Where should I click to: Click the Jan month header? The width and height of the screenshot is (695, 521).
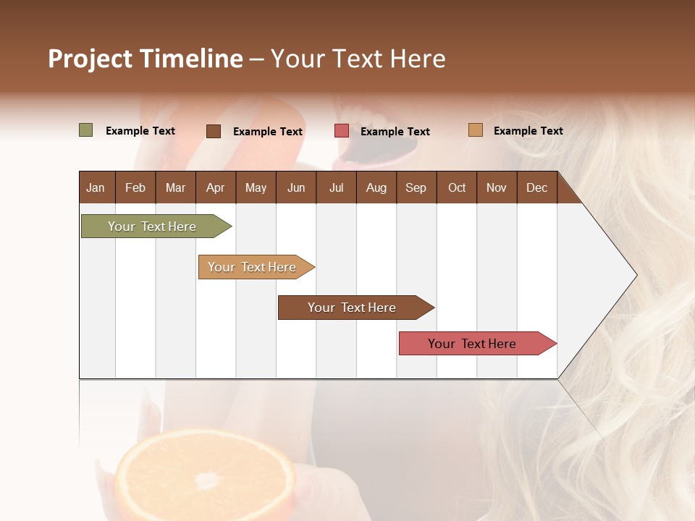pos(96,187)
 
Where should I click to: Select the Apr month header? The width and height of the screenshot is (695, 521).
pos(215,187)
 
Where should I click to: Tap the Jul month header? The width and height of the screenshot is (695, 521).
pos(336,187)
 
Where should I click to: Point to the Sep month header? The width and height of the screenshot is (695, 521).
pos(416,187)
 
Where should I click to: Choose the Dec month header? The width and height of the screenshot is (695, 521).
pos(536,187)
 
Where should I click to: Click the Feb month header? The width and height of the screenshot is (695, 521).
pos(135,187)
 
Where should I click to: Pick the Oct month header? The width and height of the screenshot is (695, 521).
pos(457,187)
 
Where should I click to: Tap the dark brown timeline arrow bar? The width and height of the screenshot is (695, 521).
pos(353,308)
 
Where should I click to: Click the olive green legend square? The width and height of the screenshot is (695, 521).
pos(86,130)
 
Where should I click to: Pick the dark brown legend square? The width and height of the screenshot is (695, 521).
pos(214,131)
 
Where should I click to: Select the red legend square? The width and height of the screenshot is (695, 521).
pos(342,131)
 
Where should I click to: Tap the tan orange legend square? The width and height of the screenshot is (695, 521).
pos(475,130)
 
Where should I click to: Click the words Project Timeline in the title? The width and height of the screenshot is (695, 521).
pos(146,59)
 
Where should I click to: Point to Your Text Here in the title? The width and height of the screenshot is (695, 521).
pos(358,59)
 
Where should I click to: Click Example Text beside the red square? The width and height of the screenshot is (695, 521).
pos(395,132)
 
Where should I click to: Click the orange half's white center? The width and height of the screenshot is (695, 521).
pos(207,480)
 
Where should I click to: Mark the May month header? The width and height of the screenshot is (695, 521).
pos(256,187)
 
